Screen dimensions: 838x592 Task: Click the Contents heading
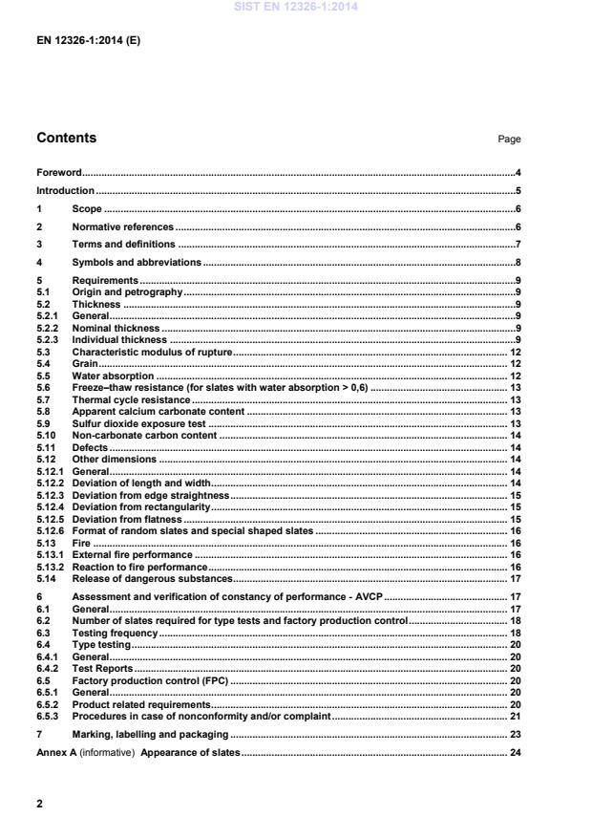(66, 138)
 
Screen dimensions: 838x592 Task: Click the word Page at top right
(509, 140)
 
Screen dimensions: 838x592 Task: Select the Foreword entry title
(58, 173)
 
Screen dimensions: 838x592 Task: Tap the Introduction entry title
(65, 191)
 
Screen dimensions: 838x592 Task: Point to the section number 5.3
(42, 353)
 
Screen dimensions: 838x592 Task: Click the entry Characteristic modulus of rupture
(152, 353)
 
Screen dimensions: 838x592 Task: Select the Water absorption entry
(114, 376)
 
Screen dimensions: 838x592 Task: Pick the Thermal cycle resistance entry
(131, 399)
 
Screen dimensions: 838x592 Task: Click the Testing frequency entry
(115, 633)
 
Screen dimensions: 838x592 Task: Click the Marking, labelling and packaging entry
(150, 734)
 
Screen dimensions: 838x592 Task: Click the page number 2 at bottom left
(39, 804)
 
